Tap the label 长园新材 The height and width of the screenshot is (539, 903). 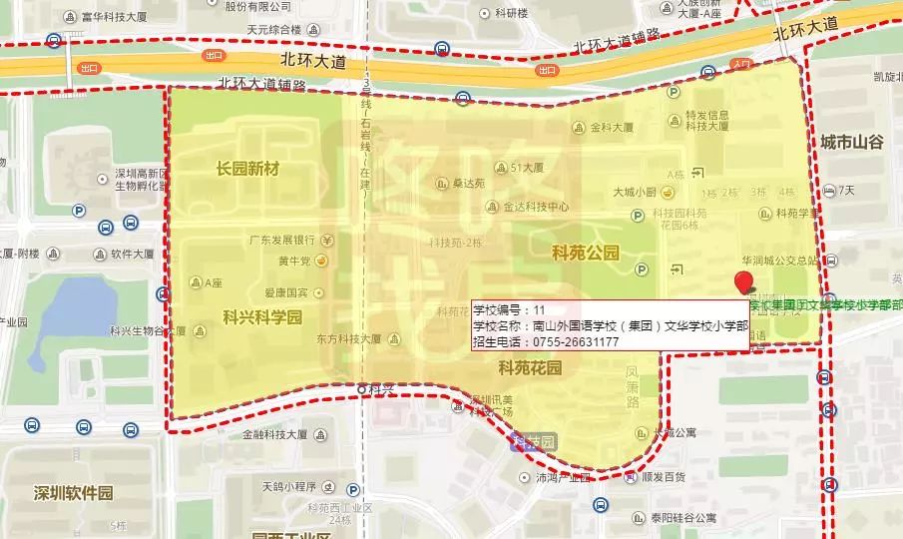point(247,169)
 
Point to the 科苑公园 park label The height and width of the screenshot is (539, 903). point(586,253)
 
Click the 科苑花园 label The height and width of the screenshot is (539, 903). point(530,367)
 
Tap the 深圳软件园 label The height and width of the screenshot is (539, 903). point(73,493)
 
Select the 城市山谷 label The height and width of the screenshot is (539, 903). point(852,143)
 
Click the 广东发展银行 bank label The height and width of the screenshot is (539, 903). point(282,240)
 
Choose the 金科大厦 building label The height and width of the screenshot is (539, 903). point(612,127)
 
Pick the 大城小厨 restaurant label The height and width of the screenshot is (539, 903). point(634,192)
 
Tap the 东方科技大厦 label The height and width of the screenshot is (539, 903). point(349,339)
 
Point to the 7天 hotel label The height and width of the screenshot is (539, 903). point(846,190)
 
